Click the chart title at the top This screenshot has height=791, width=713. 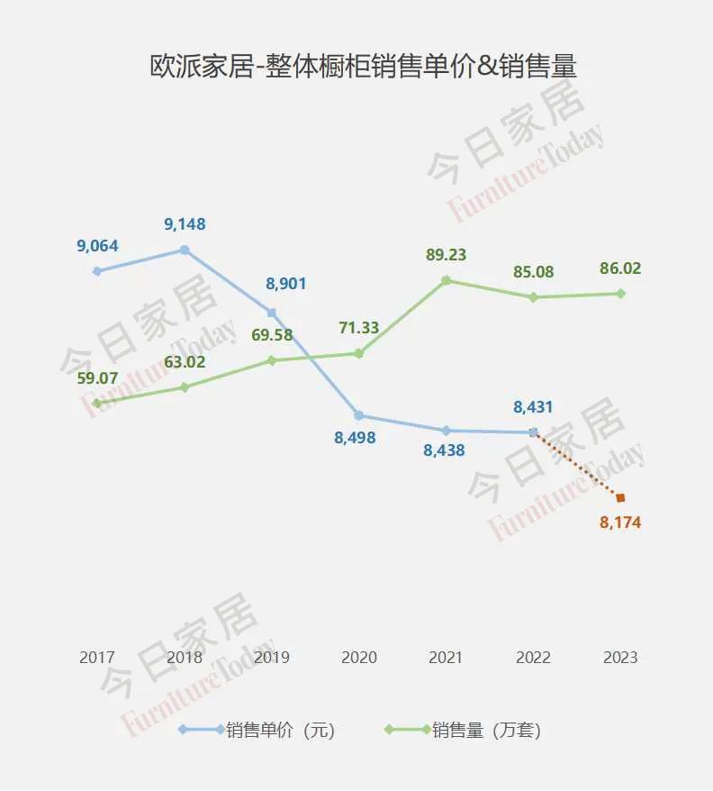[363, 66]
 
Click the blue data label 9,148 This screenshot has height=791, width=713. [185, 224]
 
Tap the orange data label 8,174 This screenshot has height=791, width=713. [620, 523]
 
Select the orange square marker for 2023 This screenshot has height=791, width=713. [620, 498]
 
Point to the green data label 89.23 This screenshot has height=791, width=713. [446, 255]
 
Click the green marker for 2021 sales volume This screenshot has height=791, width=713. [446, 280]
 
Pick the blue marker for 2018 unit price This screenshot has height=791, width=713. [185, 250]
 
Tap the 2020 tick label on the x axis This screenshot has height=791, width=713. [359, 658]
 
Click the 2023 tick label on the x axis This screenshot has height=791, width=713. [620, 658]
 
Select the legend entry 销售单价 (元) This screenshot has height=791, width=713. [257, 730]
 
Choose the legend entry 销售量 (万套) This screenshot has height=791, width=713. [463, 730]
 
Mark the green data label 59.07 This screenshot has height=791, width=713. [97, 378]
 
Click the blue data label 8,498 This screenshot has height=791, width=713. [355, 437]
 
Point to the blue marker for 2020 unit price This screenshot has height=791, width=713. [358, 415]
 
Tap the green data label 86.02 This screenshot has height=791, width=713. [620, 268]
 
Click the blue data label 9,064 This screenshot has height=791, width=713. [97, 246]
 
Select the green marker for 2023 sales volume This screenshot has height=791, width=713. [620, 294]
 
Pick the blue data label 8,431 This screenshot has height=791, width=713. [533, 407]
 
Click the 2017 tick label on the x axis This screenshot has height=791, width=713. [97, 658]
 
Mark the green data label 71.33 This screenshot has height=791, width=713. [358, 328]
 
